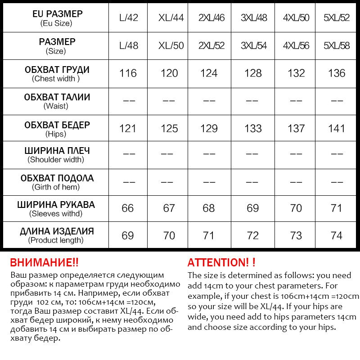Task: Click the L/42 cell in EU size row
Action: (128, 18)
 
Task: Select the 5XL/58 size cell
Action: (337, 45)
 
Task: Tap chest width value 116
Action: (128, 73)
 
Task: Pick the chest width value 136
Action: (337, 73)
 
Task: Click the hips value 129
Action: (209, 129)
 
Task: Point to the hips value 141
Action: (337, 129)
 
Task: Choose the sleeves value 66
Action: (128, 208)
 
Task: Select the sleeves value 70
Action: (296, 208)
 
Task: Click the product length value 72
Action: (253, 235)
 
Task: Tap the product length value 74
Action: (337, 235)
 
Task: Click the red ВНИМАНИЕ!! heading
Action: (44, 262)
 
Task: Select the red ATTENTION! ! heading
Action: (221, 262)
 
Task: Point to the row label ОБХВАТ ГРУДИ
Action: (57, 70)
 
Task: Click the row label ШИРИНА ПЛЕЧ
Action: (57, 150)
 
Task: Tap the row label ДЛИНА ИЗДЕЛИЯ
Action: (57, 231)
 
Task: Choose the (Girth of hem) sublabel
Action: (56, 187)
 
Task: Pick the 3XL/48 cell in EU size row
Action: (254, 18)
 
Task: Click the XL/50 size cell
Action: (171, 45)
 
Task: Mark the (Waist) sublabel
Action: (56, 106)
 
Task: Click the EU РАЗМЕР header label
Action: (57, 14)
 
